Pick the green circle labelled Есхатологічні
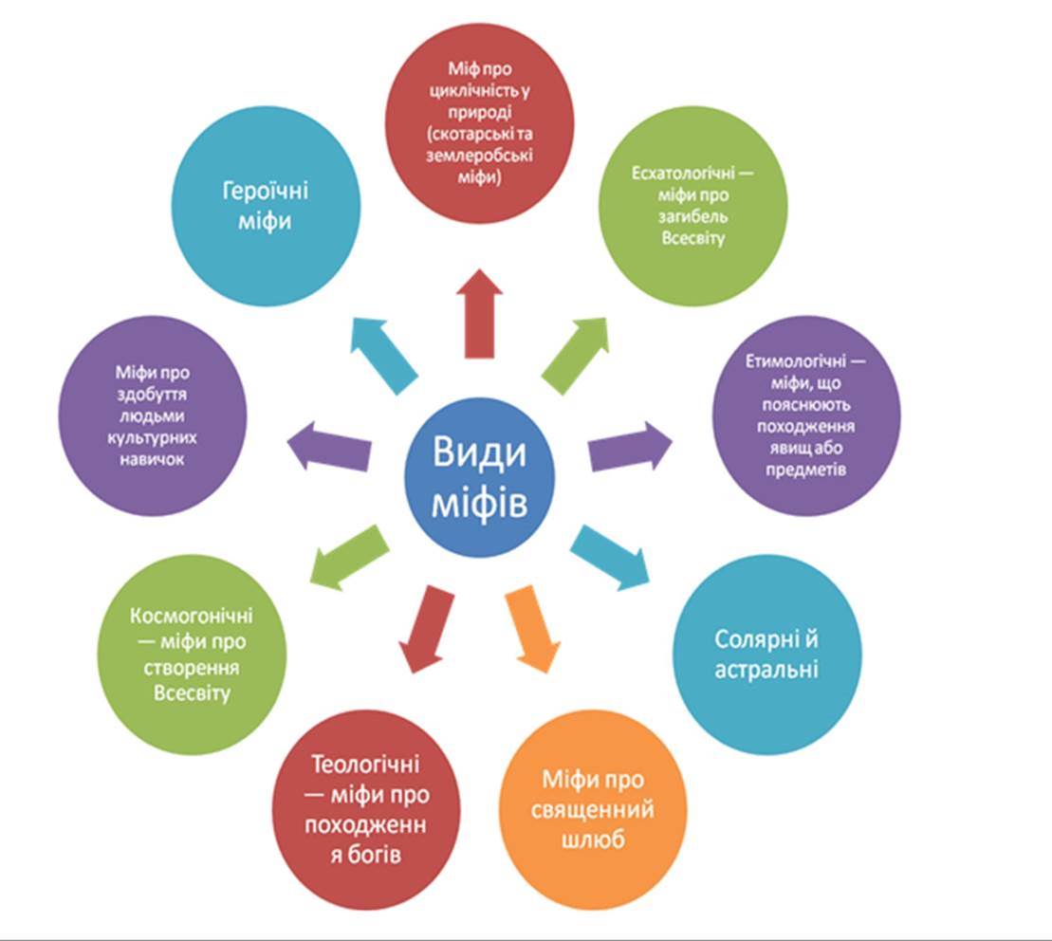(678, 207)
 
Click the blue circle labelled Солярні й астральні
(766, 655)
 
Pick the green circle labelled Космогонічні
(193, 655)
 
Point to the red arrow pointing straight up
(478, 312)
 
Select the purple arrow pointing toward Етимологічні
(629, 446)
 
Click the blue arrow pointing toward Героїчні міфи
(385, 352)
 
